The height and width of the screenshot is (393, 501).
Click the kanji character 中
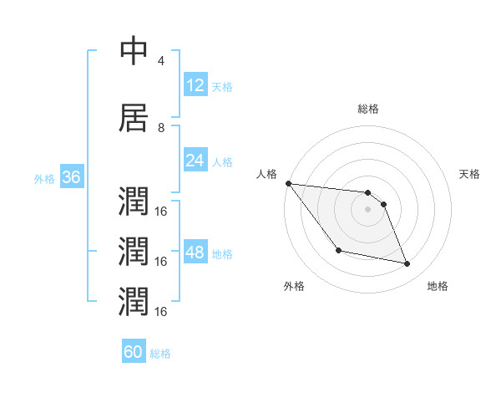pos(134,51)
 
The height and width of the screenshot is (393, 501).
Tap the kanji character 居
pos(134,118)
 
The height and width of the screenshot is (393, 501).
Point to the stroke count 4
pos(161,61)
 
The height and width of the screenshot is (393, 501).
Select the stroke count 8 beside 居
pos(161,128)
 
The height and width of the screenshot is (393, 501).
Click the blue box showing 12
pos(195,85)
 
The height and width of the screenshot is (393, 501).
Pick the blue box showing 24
pos(195,161)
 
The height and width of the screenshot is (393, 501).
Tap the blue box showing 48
pos(195,253)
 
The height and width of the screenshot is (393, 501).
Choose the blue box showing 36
pos(71,177)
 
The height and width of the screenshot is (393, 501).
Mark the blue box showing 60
pos(134,352)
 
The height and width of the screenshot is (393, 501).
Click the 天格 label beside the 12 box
pos(222,87)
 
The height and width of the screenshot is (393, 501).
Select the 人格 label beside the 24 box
pos(222,161)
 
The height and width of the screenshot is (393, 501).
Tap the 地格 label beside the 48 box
pos(222,253)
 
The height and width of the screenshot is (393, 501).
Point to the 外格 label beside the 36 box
pos(44,178)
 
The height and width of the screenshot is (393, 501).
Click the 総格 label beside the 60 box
pos(160,354)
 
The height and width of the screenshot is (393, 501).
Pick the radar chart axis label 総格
pos(368,109)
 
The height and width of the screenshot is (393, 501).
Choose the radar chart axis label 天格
pos(470,174)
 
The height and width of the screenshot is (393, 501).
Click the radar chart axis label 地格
pos(438,287)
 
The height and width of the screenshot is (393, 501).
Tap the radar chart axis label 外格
pos(294,287)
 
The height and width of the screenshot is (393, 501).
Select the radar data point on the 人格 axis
pos(288,183)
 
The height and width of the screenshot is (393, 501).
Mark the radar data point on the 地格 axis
pos(407,264)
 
